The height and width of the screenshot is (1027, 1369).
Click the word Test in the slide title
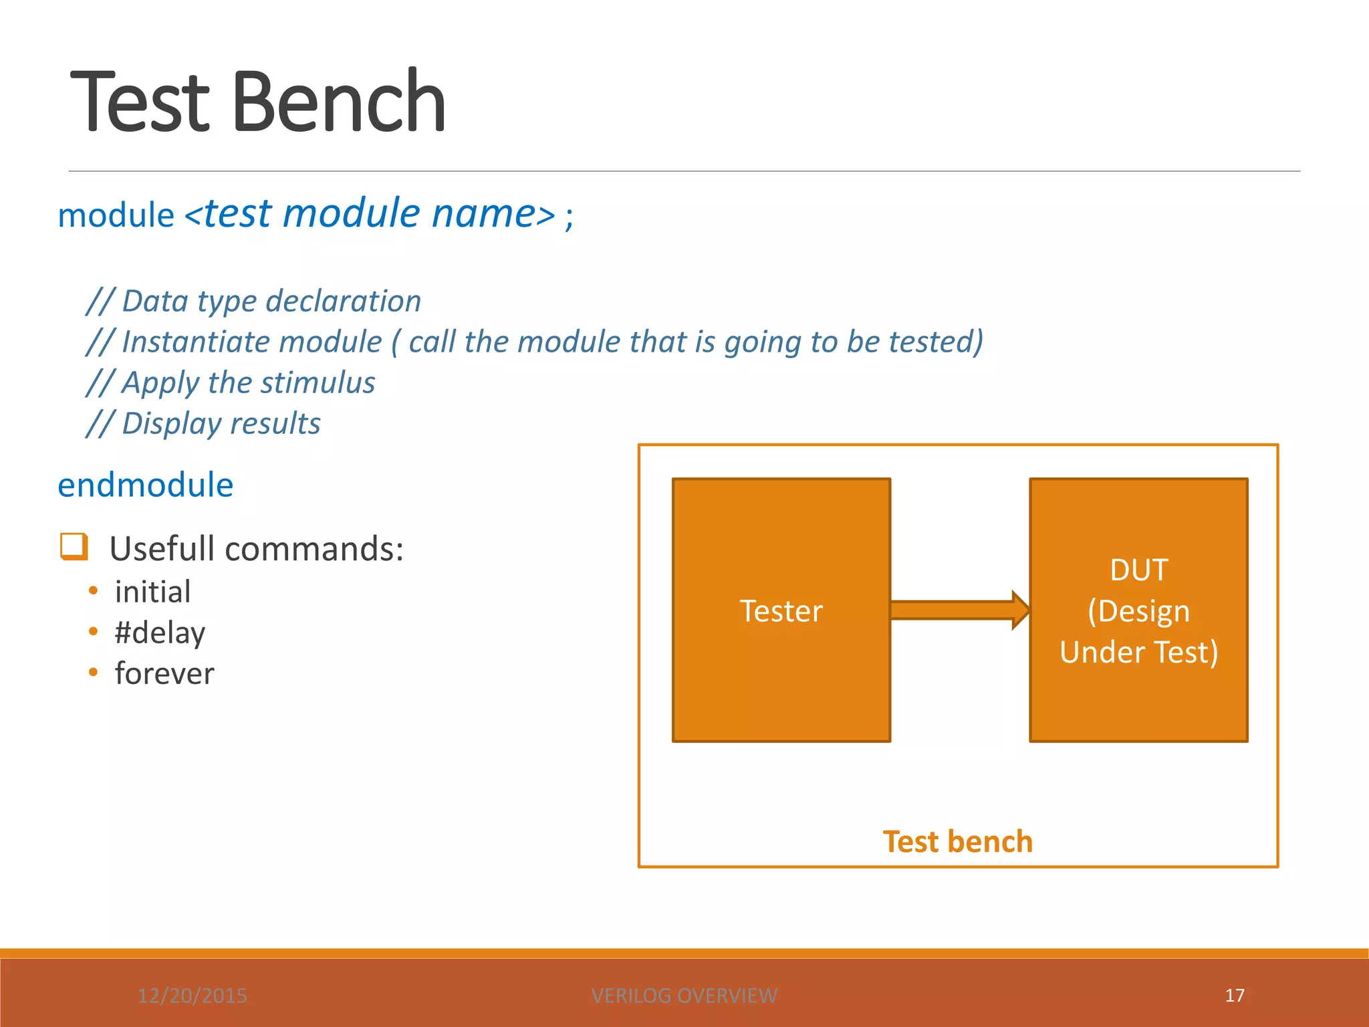[140, 102]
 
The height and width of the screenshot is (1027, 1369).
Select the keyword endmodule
[146, 485]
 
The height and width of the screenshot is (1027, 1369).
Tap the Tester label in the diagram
[781, 611]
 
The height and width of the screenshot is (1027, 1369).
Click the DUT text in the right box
[1138, 570]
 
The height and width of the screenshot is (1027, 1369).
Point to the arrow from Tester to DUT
[959, 610]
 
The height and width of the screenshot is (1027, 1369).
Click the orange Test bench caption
[957, 841]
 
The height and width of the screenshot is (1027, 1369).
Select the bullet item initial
[152, 592]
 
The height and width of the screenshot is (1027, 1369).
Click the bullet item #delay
[160, 633]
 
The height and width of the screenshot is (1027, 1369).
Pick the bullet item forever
[164, 673]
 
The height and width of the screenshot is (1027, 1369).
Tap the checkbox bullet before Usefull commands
[74, 546]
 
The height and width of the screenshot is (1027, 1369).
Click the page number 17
[1234, 995]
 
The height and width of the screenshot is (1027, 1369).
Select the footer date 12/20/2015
[193, 996]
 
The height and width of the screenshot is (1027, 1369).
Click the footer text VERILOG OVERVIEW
[684, 996]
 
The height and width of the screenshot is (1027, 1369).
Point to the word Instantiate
[251, 342]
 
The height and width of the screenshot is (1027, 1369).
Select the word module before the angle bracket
[116, 215]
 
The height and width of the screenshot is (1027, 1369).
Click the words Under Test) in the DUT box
[1138, 652]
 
